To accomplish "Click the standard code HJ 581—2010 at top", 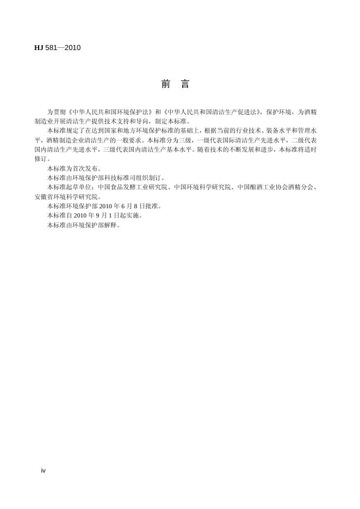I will click(57, 48).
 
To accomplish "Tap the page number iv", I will click(44, 470).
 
